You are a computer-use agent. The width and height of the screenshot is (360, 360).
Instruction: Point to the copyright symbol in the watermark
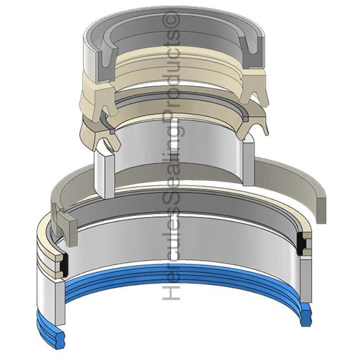pyautogui.click(x=173, y=21)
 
